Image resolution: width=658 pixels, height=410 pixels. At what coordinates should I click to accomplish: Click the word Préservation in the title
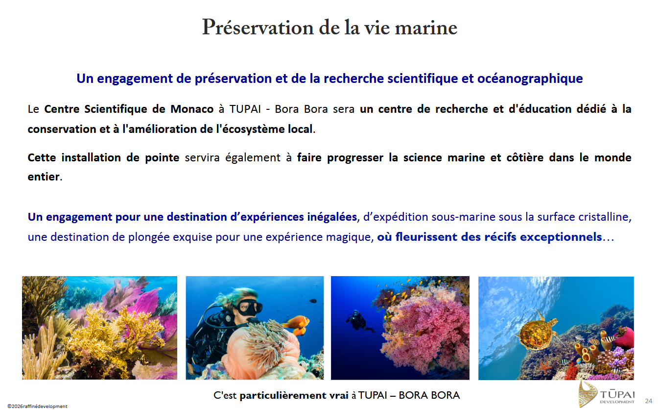tap(258, 28)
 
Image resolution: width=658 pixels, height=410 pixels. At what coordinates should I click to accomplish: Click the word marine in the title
tap(426, 28)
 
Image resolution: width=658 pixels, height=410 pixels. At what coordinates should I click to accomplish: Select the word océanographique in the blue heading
tap(530, 79)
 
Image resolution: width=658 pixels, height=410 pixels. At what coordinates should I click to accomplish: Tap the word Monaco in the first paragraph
tap(192, 109)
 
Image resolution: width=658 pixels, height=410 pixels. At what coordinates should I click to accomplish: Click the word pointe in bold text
tap(162, 158)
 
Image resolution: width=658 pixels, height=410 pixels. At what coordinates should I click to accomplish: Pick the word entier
tap(44, 177)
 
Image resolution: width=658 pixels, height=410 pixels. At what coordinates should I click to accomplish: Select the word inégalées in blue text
tap(332, 217)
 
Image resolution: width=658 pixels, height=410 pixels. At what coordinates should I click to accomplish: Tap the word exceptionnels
tap(561, 237)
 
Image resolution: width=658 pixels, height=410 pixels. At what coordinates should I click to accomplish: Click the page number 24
tap(649, 401)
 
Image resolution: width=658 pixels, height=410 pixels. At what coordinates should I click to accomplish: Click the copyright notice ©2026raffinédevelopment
tap(37, 406)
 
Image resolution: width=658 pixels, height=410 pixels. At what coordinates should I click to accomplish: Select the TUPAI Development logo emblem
tap(587, 394)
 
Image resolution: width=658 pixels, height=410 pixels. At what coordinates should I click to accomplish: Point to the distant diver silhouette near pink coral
tap(359, 321)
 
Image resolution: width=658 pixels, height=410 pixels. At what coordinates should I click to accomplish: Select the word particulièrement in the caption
tap(294, 396)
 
